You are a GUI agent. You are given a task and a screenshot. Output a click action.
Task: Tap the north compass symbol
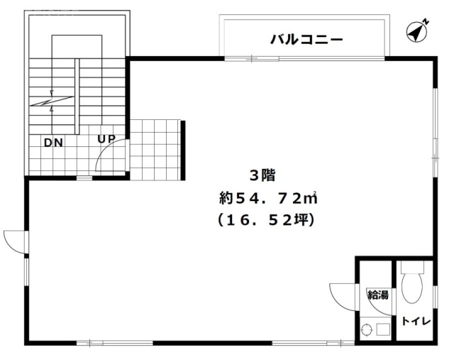point(418,31)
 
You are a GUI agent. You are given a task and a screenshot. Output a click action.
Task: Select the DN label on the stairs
point(53,142)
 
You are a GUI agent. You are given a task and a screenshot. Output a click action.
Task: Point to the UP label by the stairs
point(106,138)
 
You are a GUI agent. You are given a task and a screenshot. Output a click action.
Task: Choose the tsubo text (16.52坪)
point(266,220)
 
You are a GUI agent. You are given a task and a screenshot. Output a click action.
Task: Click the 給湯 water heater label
point(377,295)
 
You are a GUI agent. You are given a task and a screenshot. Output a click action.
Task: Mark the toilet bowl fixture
point(411,284)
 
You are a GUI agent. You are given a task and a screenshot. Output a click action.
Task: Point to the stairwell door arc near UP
point(111,156)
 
